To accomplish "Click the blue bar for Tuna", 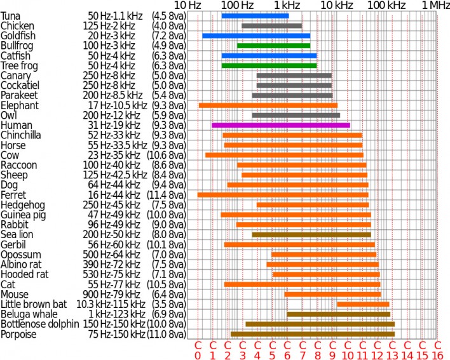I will click(x=255, y=15).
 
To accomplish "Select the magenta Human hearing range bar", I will click(x=280, y=125).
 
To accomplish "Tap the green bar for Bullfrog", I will click(x=273, y=46).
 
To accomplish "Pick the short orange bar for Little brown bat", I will click(x=363, y=304).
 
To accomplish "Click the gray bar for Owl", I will click(x=296, y=115).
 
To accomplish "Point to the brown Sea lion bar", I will click(x=311, y=234).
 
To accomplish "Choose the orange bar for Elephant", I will click(x=268, y=105).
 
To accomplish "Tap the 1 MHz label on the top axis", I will click(x=436, y=5).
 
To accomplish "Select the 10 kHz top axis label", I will click(x=335, y=5).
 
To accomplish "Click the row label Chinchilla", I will click(x=21, y=135).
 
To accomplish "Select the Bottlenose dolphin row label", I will click(x=37, y=324).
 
